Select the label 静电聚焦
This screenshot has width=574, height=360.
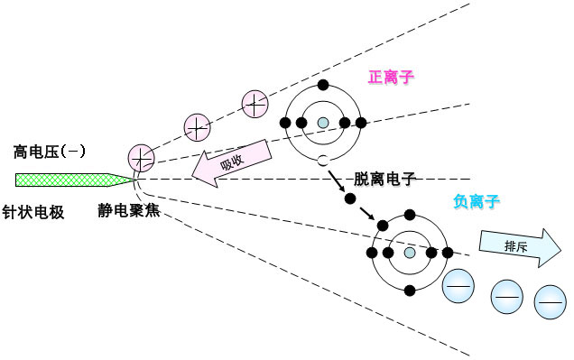tap(130, 212)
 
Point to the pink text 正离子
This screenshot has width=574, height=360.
tap(391, 78)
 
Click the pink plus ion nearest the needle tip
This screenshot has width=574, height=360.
tap(142, 158)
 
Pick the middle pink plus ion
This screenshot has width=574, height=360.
tap(198, 127)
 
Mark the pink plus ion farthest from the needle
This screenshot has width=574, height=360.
tap(254, 105)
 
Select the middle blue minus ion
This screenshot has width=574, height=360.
tap(506, 296)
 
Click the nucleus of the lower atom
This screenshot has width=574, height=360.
tap(410, 254)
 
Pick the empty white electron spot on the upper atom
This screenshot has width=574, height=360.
tap(322, 162)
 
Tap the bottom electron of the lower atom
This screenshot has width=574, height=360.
tap(410, 291)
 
